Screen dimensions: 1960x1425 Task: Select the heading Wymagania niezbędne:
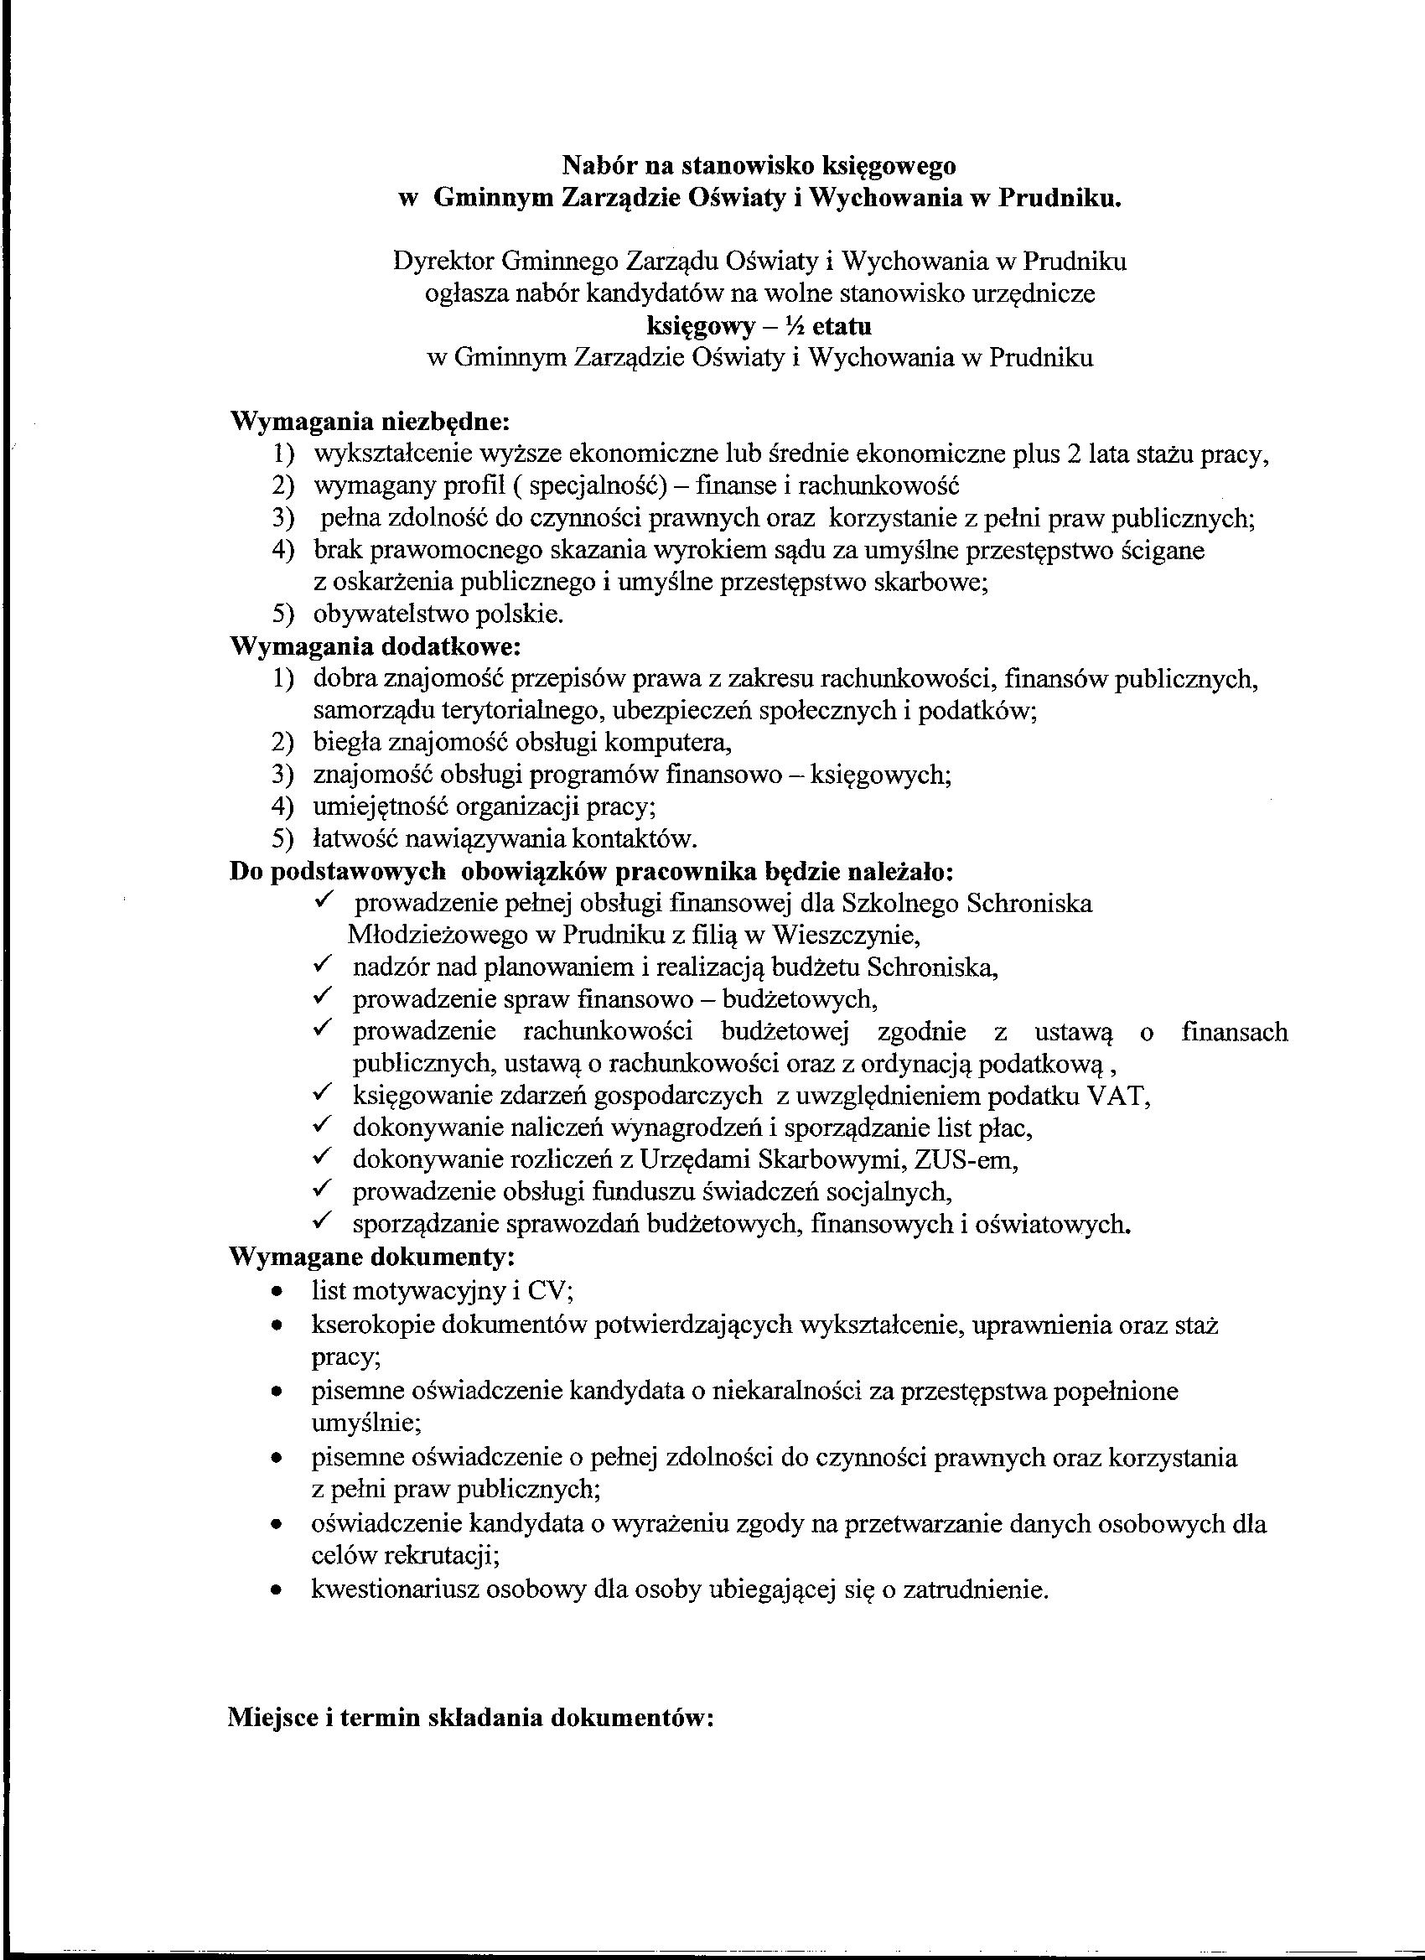[x=370, y=423]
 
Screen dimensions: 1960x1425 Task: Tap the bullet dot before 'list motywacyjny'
[x=276, y=1292]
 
